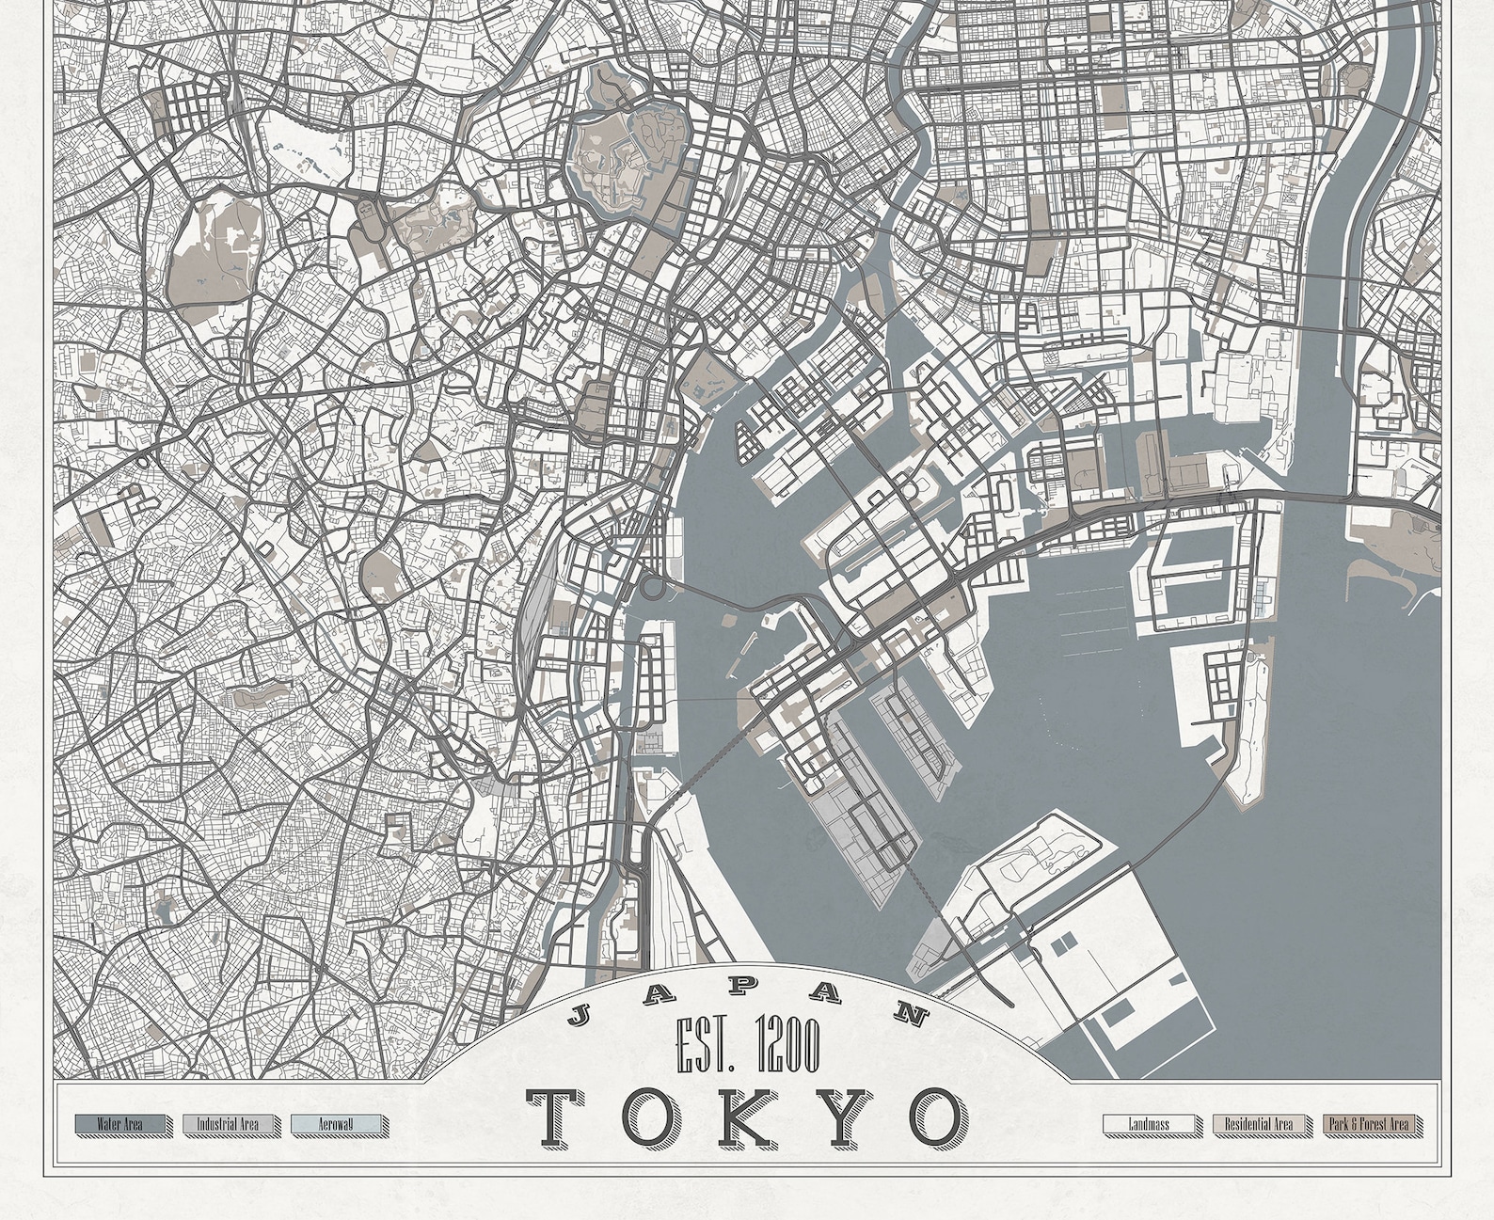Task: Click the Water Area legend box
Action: [119, 1123]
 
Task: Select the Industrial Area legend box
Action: [230, 1123]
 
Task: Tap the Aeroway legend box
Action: [336, 1123]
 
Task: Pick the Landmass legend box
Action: [1150, 1124]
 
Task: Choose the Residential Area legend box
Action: [1260, 1124]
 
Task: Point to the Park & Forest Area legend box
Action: [1369, 1124]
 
